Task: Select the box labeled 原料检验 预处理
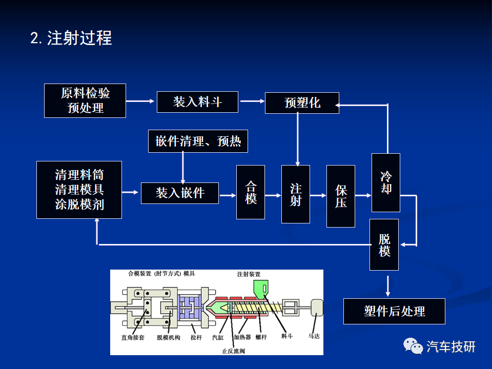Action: tap(85, 101)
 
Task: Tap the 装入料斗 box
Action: tap(197, 102)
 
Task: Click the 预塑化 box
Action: tap(302, 103)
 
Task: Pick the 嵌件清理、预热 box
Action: tap(198, 141)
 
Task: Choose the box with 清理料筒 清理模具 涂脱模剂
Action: tap(79, 190)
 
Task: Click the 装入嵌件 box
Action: tap(180, 193)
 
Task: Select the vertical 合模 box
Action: tap(251, 192)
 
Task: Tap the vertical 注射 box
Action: tap(296, 194)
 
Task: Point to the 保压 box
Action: tap(341, 196)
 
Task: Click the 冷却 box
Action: tap(385, 182)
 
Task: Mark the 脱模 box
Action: tap(384, 245)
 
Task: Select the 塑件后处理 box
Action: tap(395, 311)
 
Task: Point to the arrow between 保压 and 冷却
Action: tap(363, 195)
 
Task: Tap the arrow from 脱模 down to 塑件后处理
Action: tap(388, 286)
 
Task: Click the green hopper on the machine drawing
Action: tap(261, 289)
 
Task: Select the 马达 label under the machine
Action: tap(314, 336)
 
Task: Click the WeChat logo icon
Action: tap(413, 346)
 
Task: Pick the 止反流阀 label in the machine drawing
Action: tap(233, 351)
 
